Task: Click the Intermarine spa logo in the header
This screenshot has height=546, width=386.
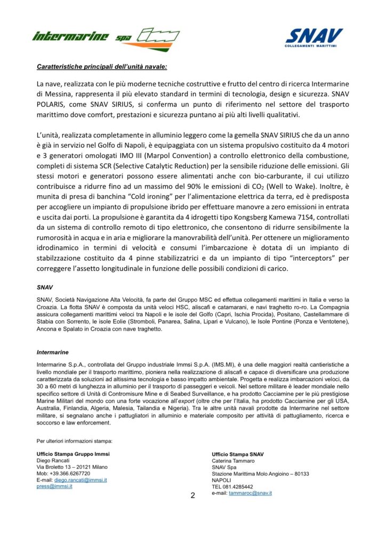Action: pyautogui.click(x=106, y=38)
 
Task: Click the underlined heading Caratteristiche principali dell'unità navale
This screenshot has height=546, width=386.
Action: pyautogui.click(x=94, y=67)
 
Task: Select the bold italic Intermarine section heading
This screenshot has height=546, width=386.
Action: pyautogui.click(x=51, y=352)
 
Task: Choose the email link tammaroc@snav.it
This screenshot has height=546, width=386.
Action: pyautogui.click(x=250, y=493)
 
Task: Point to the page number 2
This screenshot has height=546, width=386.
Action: pyautogui.click(x=193, y=495)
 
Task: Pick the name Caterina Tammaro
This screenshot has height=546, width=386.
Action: pyautogui.click(x=232, y=460)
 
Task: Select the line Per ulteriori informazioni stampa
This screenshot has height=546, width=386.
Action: pyautogui.click(x=74, y=441)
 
